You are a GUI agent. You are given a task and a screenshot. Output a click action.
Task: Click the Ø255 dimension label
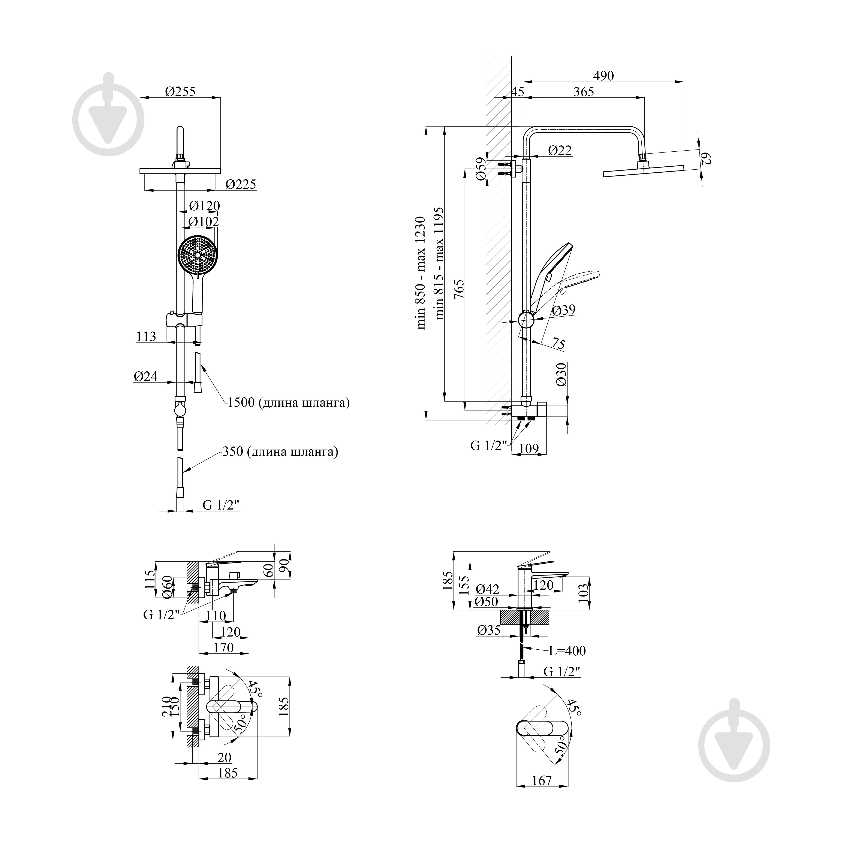click(x=180, y=92)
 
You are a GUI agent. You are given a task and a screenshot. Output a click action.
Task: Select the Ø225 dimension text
click(x=241, y=184)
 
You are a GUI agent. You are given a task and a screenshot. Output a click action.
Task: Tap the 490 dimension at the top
click(x=603, y=76)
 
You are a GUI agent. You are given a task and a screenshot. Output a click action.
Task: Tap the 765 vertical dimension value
click(x=459, y=289)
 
